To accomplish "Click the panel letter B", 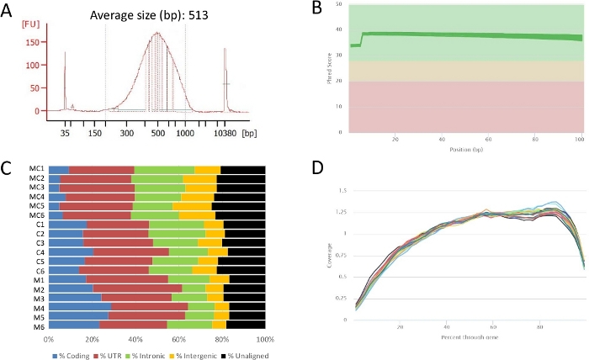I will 317,9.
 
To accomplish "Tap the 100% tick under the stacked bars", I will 265,338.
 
